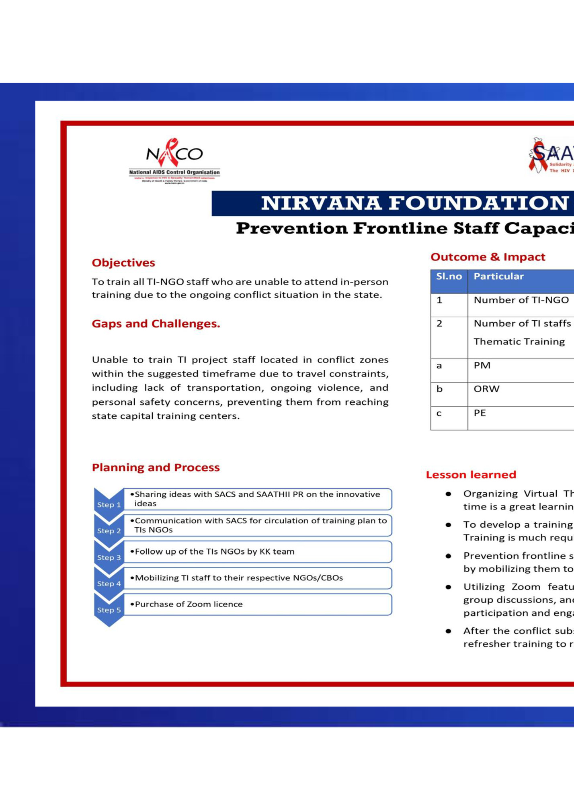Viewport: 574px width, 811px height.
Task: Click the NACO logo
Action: pyautogui.click(x=174, y=160)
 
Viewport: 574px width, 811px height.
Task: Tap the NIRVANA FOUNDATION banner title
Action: pyautogui.click(x=414, y=203)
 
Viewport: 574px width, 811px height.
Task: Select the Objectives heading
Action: pyautogui.click(x=123, y=263)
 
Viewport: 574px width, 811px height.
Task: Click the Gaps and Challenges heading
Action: pyautogui.click(x=156, y=324)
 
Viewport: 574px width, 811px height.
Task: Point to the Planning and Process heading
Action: pyautogui.click(x=156, y=467)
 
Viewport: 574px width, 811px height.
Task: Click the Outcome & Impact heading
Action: pyautogui.click(x=488, y=257)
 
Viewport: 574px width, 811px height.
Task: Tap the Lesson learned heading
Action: pyautogui.click(x=471, y=475)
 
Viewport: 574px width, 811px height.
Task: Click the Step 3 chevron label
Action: pyautogui.click(x=109, y=557)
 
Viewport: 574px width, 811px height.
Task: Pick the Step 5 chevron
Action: pyautogui.click(x=109, y=610)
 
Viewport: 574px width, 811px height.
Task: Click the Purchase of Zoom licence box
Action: pyautogui.click(x=257, y=604)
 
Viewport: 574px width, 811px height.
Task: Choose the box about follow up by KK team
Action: pyautogui.click(x=257, y=551)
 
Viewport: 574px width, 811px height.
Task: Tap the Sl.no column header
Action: pyautogui.click(x=449, y=277)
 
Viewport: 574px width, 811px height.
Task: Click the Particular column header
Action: pyautogui.click(x=498, y=277)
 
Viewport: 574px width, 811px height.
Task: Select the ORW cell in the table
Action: pyautogui.click(x=486, y=389)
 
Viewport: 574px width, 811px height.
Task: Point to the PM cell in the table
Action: pyautogui.click(x=482, y=365)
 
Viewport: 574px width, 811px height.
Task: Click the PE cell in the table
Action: pyautogui.click(x=480, y=413)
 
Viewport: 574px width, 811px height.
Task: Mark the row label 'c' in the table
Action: pyautogui.click(x=439, y=413)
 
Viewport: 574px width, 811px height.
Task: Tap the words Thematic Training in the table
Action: pyautogui.click(x=519, y=342)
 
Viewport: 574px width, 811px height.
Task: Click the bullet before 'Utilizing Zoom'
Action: pyautogui.click(x=448, y=587)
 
